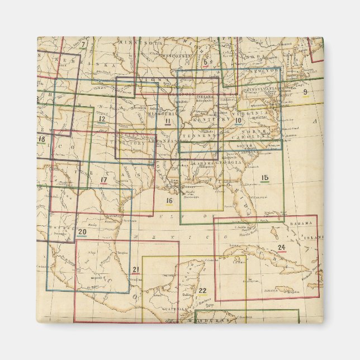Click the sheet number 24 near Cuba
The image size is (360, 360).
coord(281,247)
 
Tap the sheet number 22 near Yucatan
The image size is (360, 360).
coord(202,290)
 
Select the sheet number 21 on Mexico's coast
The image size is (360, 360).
coord(135,270)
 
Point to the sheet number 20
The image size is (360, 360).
coord(82,232)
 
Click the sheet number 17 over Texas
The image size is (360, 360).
coord(103,180)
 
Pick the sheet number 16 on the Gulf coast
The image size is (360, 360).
coord(169,200)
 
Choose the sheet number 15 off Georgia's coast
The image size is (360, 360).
coord(265,178)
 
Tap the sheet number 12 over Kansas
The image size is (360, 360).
coord(101,119)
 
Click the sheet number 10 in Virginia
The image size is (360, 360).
coord(238,120)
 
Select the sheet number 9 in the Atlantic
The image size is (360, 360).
coord(305,92)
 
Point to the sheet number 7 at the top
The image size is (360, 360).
coord(83,45)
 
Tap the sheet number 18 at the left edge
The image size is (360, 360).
coord(41,139)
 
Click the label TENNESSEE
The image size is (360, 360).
coord(201,136)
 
